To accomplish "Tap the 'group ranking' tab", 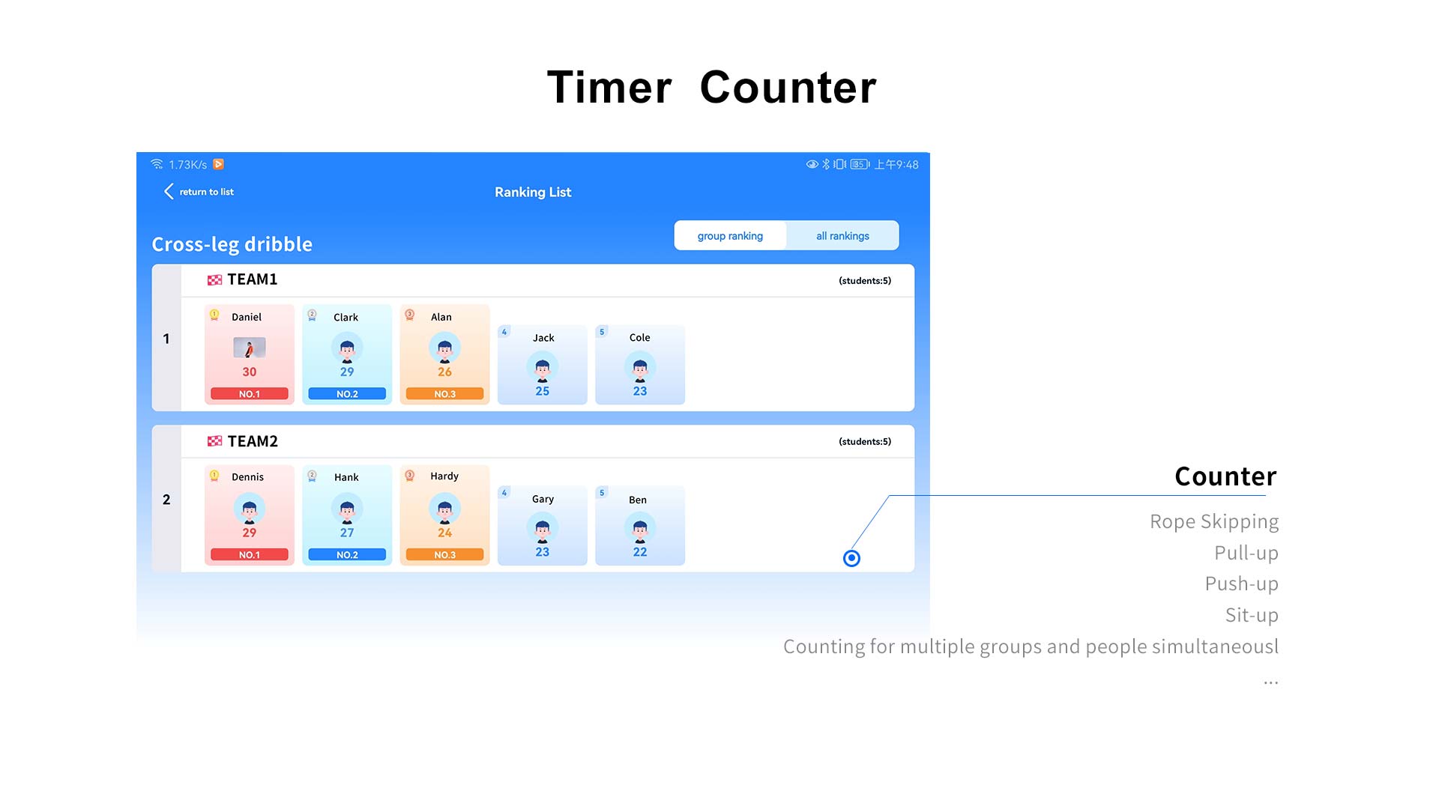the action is [x=730, y=236].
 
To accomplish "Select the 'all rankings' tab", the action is [x=842, y=236].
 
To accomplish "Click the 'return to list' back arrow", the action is [x=169, y=192].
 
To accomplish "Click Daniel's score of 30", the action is [x=250, y=372].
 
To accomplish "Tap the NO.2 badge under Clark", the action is [x=347, y=394].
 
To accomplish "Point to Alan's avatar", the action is [x=444, y=348].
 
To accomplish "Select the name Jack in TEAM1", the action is [x=543, y=338].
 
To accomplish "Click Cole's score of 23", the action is [x=640, y=391].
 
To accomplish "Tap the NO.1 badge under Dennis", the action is [x=250, y=555].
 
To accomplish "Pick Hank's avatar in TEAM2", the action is [x=347, y=509].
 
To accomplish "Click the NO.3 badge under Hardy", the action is [x=444, y=555].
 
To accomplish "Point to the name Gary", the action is [x=543, y=499].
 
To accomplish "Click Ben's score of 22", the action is [x=640, y=552].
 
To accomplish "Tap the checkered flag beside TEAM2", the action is [x=214, y=441].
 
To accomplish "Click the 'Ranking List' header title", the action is [x=533, y=193].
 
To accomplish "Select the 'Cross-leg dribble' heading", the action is [x=232, y=244].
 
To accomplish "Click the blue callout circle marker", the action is [x=851, y=558].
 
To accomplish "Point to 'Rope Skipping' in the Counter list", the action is [x=1214, y=521].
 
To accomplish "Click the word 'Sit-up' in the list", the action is [x=1252, y=615].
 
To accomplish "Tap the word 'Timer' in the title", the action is [x=609, y=87].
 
